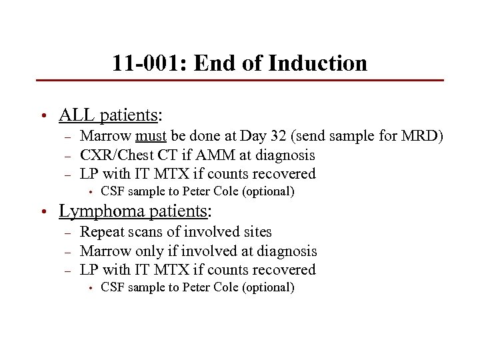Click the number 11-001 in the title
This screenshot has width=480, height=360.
click(x=145, y=63)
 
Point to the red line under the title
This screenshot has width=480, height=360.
click(x=240, y=81)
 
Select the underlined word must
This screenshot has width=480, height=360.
click(x=151, y=137)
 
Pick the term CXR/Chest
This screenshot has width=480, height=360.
click(x=115, y=155)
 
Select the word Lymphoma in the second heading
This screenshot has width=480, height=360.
click(x=98, y=211)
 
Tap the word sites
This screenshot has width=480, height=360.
click(x=257, y=232)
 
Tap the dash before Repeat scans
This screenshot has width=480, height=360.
click(x=67, y=233)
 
